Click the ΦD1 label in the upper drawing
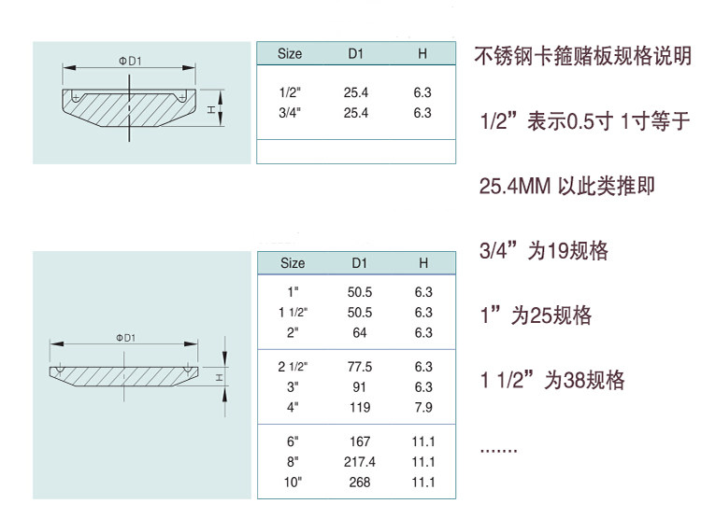130,61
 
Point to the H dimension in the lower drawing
219,377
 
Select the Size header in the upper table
290,54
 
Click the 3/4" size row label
290,113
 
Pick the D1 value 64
360,332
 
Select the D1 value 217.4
360,462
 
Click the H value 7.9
423,407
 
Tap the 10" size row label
293,483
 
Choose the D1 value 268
360,483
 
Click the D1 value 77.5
360,367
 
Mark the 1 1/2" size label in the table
293,313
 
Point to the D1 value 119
360,407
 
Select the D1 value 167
360,441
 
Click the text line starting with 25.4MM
566,187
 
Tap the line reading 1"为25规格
536,315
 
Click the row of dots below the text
498,450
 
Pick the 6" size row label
293,441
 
